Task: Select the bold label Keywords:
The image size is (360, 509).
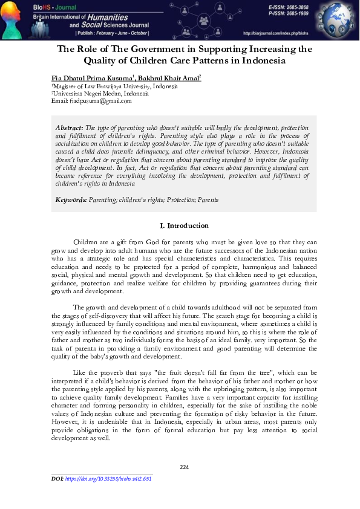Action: click(x=71, y=199)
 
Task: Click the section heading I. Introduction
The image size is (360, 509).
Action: click(x=184, y=225)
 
